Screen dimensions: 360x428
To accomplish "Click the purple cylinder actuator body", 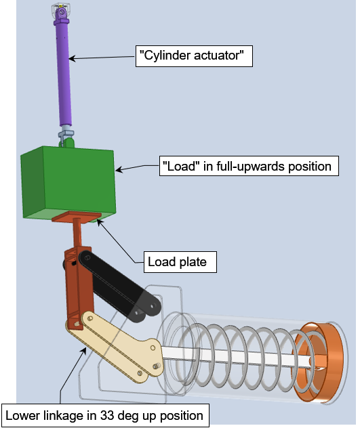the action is coord(64,74).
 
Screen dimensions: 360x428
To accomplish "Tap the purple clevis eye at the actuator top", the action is coord(62,14).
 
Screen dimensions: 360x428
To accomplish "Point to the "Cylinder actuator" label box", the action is coord(194,56).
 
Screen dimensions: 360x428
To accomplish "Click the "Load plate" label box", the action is coord(180,262).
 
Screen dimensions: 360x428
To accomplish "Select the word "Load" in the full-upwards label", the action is coord(179,166).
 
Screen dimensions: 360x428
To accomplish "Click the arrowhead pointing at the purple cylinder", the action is coord(72,58).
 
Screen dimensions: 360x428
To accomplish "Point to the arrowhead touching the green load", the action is coord(119,169).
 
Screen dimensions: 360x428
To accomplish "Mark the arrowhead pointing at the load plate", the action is coord(100,221).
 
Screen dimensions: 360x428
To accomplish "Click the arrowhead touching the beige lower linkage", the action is coord(84,350).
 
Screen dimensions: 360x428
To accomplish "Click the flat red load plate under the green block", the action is coord(77,217).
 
